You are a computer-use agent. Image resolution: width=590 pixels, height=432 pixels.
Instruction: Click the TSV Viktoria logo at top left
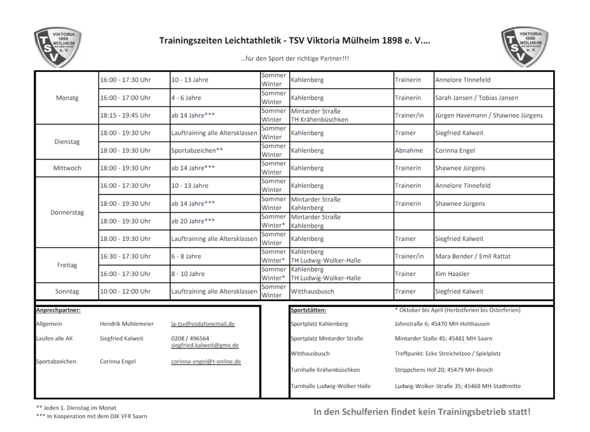58,47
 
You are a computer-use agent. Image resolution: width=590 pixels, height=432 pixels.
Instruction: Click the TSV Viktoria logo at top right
524,47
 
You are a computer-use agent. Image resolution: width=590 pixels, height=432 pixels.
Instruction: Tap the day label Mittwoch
67,168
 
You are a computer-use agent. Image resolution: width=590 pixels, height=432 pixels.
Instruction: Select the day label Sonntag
67,291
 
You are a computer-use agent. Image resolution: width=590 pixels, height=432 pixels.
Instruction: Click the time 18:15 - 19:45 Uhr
126,115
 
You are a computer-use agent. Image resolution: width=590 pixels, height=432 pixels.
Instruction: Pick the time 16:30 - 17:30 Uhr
126,256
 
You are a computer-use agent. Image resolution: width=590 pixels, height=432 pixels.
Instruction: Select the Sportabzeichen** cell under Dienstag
197,150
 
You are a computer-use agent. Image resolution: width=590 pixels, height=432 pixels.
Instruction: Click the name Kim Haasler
452,274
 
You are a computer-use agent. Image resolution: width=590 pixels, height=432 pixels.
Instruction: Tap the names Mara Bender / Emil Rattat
472,256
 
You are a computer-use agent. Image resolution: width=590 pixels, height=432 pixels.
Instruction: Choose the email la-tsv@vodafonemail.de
203,324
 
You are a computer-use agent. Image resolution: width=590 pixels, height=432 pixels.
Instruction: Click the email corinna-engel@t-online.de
206,362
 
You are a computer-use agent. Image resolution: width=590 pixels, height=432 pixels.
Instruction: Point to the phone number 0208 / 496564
190,339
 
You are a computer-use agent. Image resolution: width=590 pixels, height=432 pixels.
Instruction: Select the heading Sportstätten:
308,310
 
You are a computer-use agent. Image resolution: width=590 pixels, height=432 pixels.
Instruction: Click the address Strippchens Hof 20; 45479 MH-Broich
444,370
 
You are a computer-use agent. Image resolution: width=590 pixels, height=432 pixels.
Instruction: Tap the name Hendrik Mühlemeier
127,324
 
